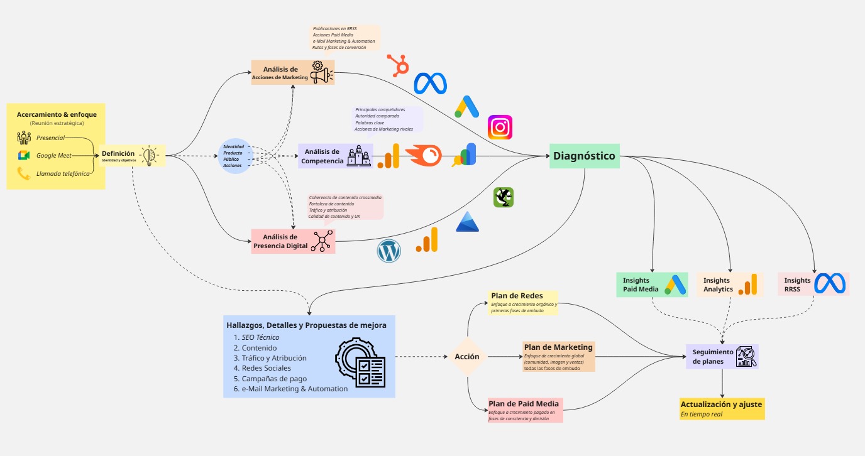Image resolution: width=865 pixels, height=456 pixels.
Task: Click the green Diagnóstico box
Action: coord(585,156)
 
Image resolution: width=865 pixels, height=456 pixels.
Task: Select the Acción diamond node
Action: coord(467,357)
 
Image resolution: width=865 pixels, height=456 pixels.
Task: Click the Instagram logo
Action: coord(500,128)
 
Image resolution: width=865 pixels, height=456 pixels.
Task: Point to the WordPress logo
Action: coord(388,252)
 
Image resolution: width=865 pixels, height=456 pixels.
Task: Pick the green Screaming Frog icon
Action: coord(504,197)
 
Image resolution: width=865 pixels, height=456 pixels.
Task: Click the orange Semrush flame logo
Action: coord(423,156)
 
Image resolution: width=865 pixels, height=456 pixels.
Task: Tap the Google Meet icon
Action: coord(24,156)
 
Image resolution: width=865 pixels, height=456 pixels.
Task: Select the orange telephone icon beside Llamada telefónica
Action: coord(24,174)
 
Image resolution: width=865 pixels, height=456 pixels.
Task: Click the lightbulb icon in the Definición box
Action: coord(148,155)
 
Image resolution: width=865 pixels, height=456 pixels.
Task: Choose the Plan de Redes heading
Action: coord(517,296)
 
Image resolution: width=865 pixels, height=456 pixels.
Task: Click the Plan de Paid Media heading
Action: coord(524,403)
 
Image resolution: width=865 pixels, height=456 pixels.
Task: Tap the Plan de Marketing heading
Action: coord(558,347)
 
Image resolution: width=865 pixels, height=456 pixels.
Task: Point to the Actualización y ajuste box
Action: coord(722,408)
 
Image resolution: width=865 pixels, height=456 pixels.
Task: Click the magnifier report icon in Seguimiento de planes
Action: coord(746,356)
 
